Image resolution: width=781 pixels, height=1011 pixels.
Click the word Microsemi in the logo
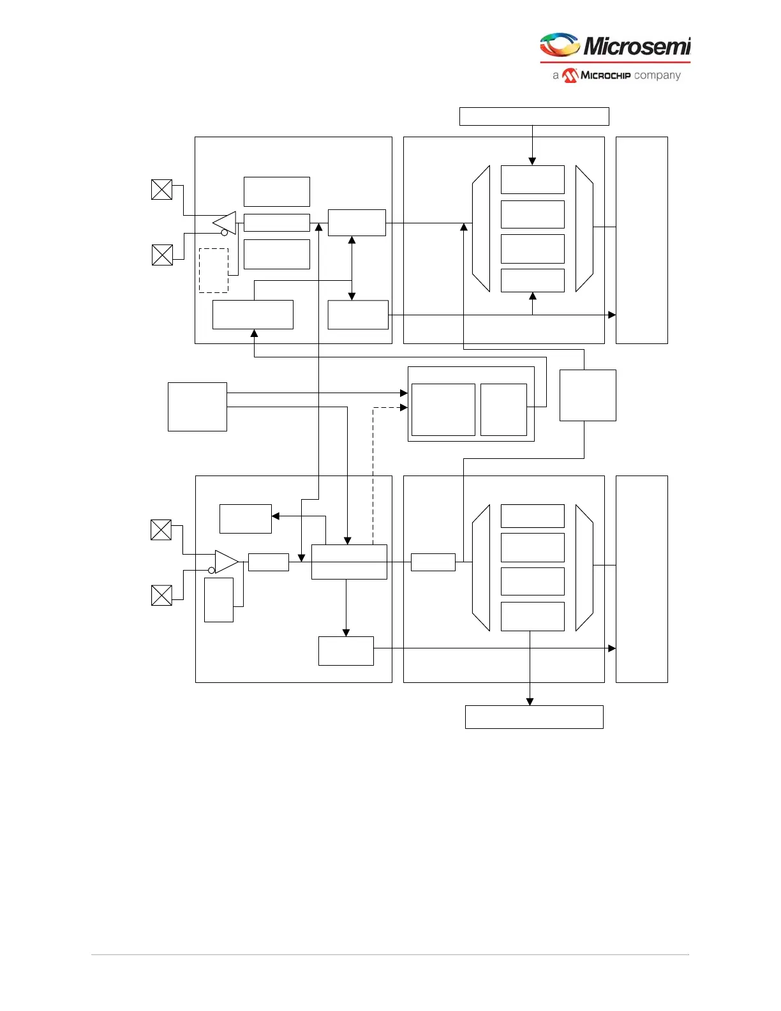[x=637, y=46]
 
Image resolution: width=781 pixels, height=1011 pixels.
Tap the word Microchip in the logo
[x=606, y=75]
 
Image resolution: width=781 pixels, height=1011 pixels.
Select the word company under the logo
[x=657, y=75]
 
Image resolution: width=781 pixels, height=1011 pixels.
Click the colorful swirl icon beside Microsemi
[x=560, y=45]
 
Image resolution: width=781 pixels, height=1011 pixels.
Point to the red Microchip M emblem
[x=570, y=75]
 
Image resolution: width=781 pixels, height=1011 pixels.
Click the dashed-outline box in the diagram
[x=214, y=271]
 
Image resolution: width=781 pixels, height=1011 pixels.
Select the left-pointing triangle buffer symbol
[x=226, y=223]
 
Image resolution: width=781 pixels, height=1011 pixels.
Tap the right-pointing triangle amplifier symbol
[x=226, y=562]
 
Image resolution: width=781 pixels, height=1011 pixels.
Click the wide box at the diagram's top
[x=534, y=117]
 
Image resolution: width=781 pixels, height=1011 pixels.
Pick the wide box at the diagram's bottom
[x=534, y=717]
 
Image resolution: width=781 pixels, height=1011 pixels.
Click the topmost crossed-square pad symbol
[x=162, y=190]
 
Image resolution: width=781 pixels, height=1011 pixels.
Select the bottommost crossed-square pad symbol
[x=161, y=595]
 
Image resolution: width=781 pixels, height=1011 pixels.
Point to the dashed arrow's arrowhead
[x=403, y=407]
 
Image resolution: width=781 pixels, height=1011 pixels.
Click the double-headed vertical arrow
[x=352, y=268]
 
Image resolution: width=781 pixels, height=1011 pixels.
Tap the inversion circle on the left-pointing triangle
[x=225, y=233]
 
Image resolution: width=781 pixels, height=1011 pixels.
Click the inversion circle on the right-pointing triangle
[x=212, y=570]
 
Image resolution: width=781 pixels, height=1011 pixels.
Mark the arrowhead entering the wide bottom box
[x=530, y=701]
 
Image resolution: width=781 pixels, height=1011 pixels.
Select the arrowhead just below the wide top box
[x=532, y=161]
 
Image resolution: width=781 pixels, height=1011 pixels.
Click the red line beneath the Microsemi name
[x=615, y=62]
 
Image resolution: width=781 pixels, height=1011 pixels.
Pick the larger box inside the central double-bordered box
[x=443, y=410]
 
